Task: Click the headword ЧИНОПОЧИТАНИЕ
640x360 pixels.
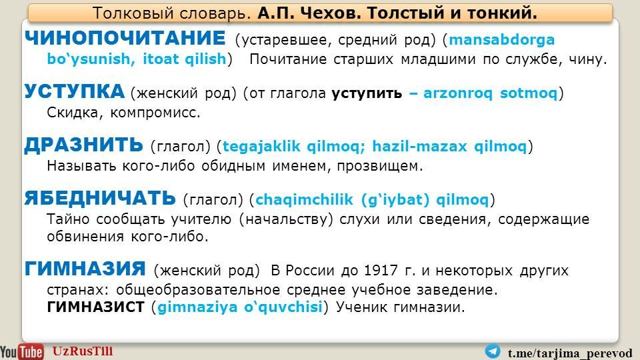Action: [125, 38]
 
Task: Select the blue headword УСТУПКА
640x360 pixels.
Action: [74, 91]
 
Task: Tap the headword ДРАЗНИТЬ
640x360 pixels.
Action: [84, 145]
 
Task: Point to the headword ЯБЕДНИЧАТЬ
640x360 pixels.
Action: [100, 198]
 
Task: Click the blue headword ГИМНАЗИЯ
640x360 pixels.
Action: [85, 269]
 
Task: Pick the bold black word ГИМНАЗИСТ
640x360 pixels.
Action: [95, 307]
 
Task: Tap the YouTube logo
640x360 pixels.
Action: [21, 351]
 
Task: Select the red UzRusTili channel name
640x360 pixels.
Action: [83, 351]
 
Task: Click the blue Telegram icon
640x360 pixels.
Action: [493, 351]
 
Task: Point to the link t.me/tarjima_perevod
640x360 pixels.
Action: [570, 353]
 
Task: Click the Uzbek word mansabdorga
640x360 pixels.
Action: [501, 39]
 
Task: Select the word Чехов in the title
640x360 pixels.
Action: [331, 13]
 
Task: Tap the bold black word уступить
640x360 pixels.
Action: [367, 93]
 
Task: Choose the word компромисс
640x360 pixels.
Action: [155, 113]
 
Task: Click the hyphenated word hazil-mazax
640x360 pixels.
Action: [419, 146]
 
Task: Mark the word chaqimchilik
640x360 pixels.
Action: [304, 199]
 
